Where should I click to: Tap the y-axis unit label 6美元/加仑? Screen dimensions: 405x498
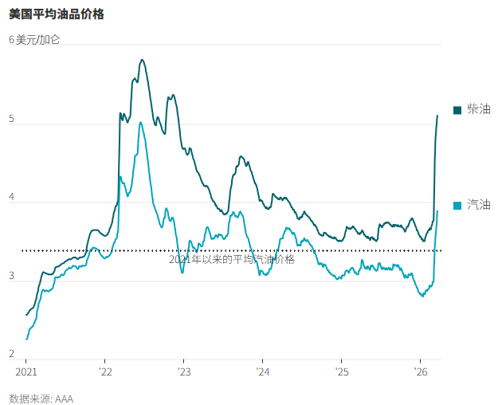pos(34,39)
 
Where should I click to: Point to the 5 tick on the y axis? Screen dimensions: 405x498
pos(12,120)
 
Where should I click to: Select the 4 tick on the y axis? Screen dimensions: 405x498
pos(12,199)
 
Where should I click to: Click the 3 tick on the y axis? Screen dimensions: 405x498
pos(12,277)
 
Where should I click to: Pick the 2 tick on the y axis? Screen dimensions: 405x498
pos(12,354)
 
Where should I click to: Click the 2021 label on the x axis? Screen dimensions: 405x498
pos(26,372)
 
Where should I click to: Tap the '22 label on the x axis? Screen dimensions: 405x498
pos(105,372)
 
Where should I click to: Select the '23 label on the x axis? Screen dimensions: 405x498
pos(184,372)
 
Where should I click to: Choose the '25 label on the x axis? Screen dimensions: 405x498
pos(341,372)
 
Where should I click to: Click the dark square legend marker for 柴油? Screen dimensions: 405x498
pos(457,110)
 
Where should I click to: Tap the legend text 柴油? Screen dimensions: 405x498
pos(478,109)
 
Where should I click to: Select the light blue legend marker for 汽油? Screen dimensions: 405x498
pos(457,206)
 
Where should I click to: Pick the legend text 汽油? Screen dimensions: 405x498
pos(478,205)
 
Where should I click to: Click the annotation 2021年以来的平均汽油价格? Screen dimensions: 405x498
pos(231,259)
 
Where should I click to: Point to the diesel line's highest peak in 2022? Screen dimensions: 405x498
pos(141,60)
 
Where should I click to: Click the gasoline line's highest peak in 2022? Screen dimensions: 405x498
pos(140,123)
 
